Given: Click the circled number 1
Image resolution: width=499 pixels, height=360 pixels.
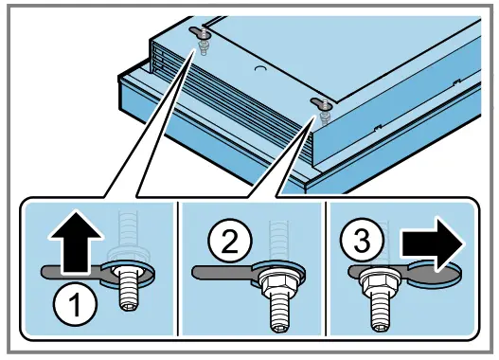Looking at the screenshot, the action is (x=75, y=305).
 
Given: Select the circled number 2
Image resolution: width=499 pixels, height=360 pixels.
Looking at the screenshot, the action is (x=230, y=241).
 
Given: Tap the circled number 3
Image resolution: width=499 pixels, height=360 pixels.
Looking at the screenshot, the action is (x=362, y=240).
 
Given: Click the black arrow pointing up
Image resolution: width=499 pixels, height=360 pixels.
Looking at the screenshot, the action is (x=76, y=242).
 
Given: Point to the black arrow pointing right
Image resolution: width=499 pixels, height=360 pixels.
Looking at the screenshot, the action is (x=432, y=243).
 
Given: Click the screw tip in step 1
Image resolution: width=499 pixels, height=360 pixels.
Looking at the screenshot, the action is (x=129, y=306).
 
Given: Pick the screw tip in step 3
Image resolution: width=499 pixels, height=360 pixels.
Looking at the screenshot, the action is (x=381, y=327).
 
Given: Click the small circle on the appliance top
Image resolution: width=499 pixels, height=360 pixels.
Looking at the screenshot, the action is (x=260, y=69).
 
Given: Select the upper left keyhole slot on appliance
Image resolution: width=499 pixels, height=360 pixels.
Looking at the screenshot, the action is (x=199, y=32).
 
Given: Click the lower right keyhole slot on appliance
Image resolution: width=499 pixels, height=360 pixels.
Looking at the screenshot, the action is (x=321, y=103).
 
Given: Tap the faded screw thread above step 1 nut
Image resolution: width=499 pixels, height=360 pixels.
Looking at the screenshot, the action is (x=128, y=229).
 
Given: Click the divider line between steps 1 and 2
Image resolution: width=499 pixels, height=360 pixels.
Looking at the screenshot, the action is (x=178, y=268).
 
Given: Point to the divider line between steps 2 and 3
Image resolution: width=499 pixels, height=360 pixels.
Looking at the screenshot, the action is (x=327, y=268).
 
